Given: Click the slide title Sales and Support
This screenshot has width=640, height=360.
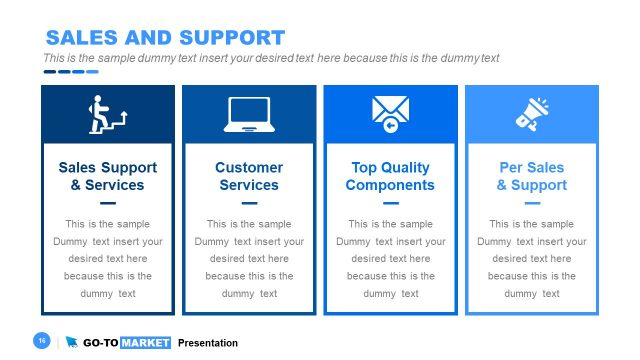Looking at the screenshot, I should [165, 38].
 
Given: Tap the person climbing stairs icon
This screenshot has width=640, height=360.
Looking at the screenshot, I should [107, 114].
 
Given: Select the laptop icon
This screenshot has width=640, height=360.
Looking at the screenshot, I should [249, 114].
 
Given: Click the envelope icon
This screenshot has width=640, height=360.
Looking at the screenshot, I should [391, 112].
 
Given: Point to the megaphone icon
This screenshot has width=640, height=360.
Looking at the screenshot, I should [532, 113].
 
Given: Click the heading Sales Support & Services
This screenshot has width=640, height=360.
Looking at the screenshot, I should [108, 176].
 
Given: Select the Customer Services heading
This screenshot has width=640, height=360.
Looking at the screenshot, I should [249, 176].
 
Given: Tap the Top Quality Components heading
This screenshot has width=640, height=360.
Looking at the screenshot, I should [390, 176].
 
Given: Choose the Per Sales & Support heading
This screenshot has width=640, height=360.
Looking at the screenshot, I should [532, 176].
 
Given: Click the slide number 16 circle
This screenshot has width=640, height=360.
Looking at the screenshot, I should [42, 342].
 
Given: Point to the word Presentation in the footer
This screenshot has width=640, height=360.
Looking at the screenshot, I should [208, 343].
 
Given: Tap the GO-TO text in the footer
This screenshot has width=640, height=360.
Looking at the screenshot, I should [100, 343].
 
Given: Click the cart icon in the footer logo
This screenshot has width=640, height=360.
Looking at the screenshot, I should [72, 343].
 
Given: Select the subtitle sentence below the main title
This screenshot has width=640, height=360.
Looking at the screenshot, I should [271, 58].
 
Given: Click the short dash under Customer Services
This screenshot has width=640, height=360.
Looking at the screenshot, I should [249, 203].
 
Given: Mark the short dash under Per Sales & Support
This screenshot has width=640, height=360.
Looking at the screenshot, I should [532, 203].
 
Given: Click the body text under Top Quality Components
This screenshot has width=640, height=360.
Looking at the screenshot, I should [390, 259].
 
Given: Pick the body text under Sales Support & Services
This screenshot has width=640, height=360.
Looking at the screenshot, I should [108, 259].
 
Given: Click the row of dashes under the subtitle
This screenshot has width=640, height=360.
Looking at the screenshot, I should [70, 71].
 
